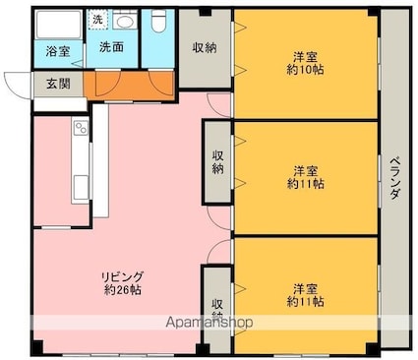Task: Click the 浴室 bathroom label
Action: tap(58, 51)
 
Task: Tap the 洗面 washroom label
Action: tap(111, 47)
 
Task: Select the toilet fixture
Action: tap(159, 21)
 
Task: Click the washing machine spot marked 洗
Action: tap(97, 20)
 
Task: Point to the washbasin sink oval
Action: tap(125, 23)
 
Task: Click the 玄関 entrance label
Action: tap(59, 84)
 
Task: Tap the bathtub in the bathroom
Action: tap(59, 25)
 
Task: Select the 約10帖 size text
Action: tap(306, 70)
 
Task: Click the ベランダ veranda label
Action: tap(394, 179)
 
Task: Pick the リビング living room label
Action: tap(123, 277)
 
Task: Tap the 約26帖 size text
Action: tap(123, 290)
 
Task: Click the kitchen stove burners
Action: tap(81, 127)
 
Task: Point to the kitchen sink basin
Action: tap(81, 188)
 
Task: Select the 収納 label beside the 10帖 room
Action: tap(205, 48)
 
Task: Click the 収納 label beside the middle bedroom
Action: tap(217, 162)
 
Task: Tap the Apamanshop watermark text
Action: tap(209, 323)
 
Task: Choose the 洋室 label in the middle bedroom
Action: tap(305, 171)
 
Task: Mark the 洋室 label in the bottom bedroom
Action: tap(305, 289)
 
